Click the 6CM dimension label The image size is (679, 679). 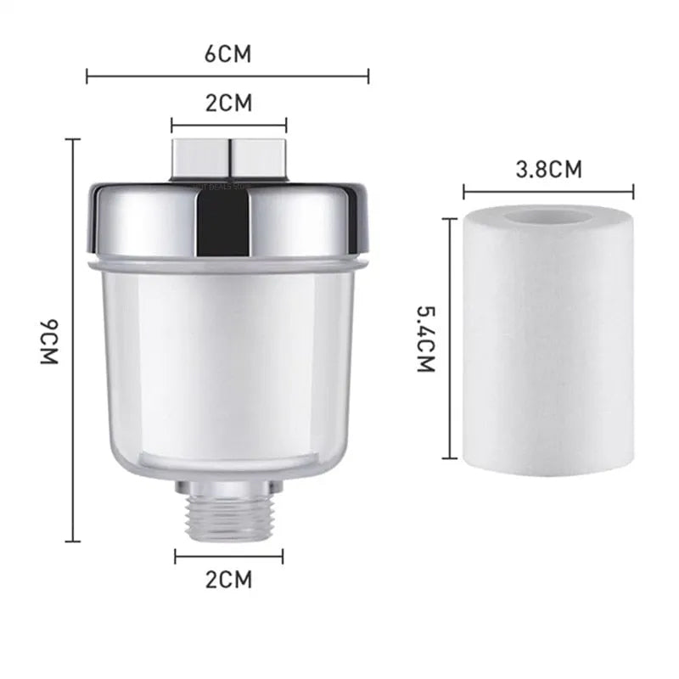coord(228,55)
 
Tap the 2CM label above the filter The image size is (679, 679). coord(228,104)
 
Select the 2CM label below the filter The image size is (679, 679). coord(229,581)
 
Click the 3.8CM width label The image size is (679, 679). coord(549,169)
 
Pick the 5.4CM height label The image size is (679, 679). coord(425,340)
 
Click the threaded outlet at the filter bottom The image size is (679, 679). coord(229,513)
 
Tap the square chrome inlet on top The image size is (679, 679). coord(229,158)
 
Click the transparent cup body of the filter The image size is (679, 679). coord(229,365)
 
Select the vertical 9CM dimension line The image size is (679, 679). coord(74,339)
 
